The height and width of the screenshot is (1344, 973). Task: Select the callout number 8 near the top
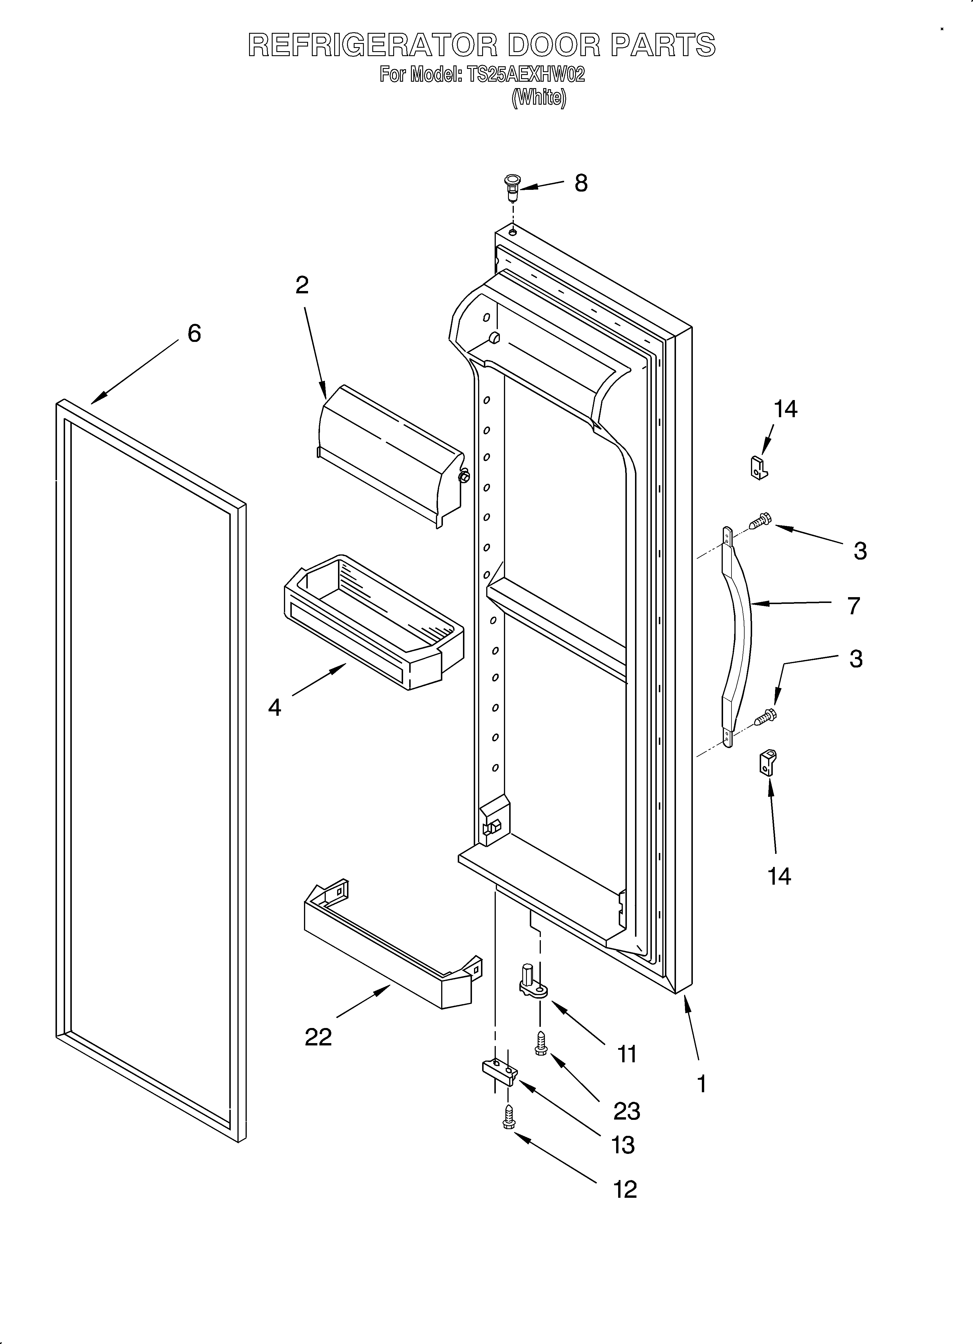coord(581,184)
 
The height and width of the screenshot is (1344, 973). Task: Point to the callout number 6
coord(194,334)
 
